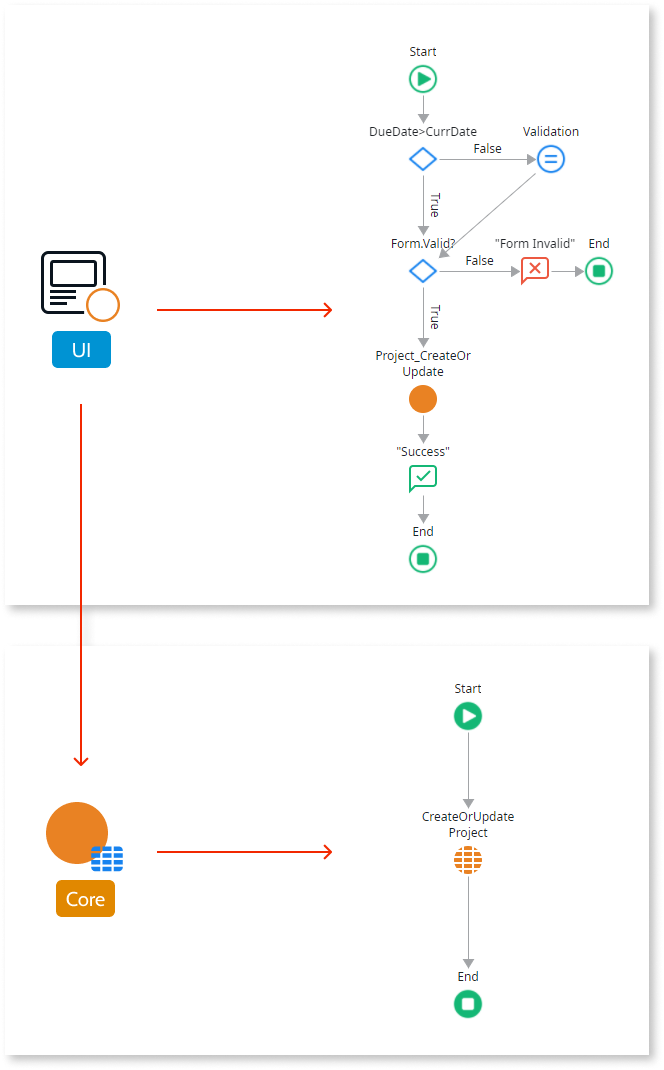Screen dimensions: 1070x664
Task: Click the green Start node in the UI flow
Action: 423,79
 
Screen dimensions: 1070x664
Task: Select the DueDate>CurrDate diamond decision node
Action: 423,159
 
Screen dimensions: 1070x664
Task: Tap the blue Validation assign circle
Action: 550,159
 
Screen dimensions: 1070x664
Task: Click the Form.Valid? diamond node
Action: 423,271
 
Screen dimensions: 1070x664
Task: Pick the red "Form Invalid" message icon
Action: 535,271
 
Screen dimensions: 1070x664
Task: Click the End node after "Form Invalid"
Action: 598,271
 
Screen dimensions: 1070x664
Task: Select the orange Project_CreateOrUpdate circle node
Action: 423,399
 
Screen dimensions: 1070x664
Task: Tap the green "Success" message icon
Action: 423,479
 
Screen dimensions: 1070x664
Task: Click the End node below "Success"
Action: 423,559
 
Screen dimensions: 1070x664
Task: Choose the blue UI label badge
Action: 81,349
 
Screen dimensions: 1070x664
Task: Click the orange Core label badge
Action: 85,899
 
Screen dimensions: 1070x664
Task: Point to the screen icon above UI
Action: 74,282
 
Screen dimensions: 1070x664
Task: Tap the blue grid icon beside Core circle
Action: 107,858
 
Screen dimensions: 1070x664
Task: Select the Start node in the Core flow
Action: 468,716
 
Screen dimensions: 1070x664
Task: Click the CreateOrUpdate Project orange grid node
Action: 468,860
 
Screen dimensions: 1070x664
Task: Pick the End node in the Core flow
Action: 468,1004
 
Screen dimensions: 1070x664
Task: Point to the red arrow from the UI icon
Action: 244,310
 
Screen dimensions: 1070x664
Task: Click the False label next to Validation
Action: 487,149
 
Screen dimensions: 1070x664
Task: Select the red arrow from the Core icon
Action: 244,852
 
